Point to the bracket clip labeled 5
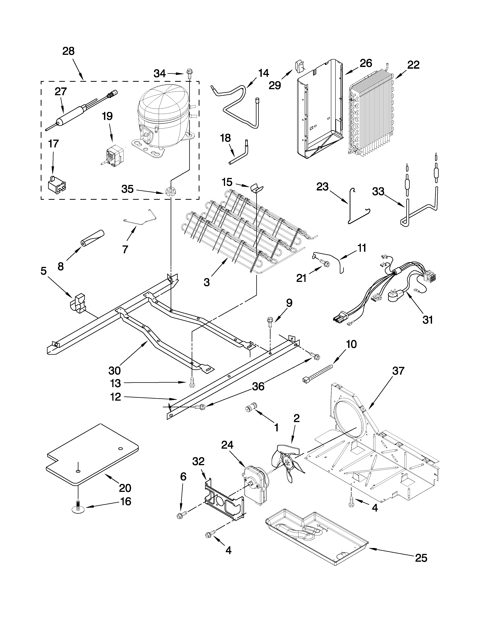click(x=78, y=303)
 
